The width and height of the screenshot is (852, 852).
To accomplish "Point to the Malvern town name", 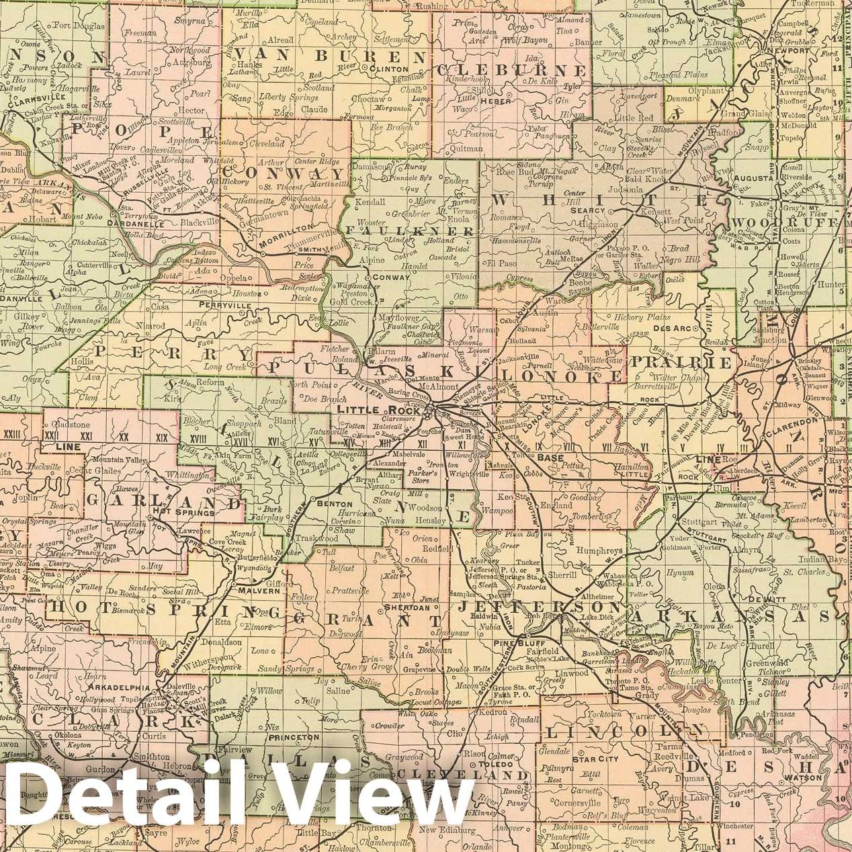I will [255, 591].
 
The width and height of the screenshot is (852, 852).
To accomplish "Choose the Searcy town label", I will [587, 210].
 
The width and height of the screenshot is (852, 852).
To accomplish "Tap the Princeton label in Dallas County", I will [294, 737].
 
